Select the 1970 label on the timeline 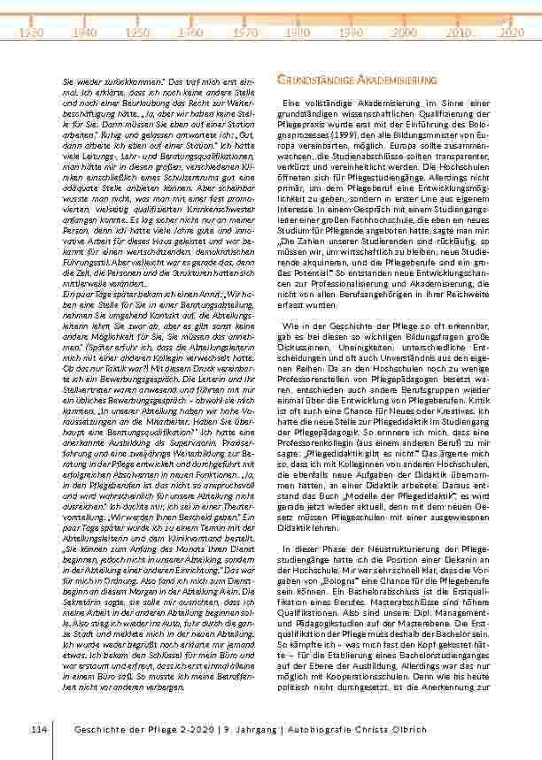click(x=245, y=32)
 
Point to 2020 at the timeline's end click(x=511, y=32)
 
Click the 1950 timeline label click(x=138, y=32)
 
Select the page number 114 click(x=37, y=727)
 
